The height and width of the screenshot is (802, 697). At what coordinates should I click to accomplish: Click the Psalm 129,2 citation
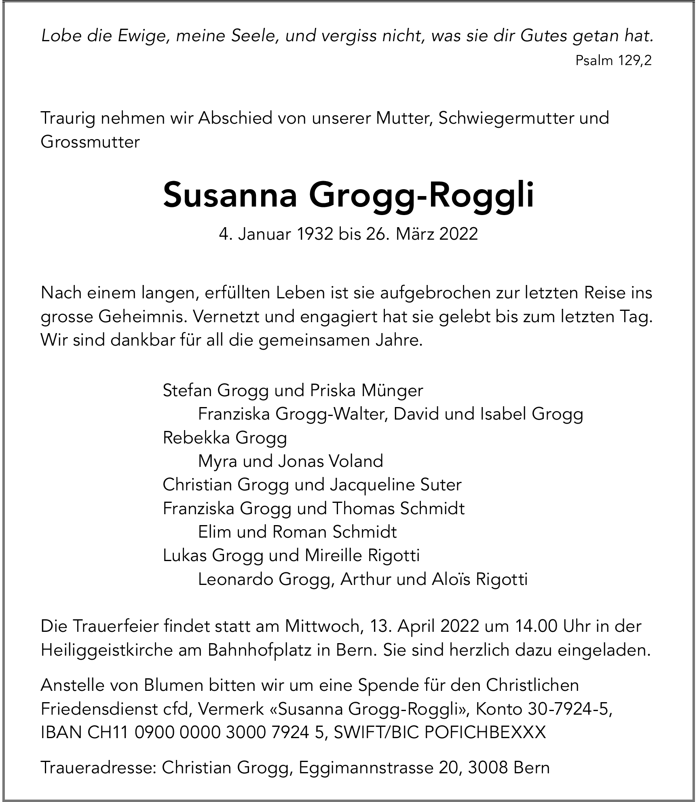(x=613, y=61)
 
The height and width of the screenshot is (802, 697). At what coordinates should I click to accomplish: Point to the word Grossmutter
(x=90, y=142)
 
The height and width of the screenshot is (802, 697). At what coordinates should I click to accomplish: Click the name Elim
(x=215, y=532)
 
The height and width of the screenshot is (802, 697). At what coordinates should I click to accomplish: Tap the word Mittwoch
(x=321, y=626)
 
